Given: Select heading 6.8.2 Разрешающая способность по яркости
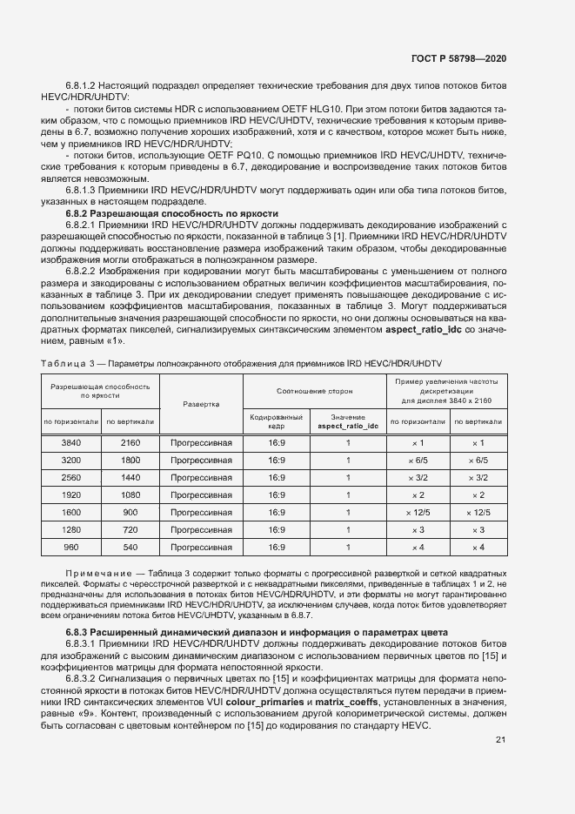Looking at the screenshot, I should coord(172,212).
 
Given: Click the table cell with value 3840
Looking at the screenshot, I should coord(71,442).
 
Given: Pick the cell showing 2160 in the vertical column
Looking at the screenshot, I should coord(130,442).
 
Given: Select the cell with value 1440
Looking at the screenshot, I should coord(130,477).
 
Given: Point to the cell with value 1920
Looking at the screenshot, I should coord(71,494).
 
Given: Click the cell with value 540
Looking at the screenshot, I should coord(130,547).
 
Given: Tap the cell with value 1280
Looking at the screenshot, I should coord(71,529).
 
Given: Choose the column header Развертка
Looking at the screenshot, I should coord(201,404).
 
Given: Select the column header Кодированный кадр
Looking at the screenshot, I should coord(277,421).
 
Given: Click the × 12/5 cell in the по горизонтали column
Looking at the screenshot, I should coord(418,512).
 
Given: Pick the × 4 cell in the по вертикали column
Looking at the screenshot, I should coord(478,547).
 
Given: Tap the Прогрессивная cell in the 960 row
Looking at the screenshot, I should coord(201,547).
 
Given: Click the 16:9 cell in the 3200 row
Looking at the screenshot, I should coord(277,460).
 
